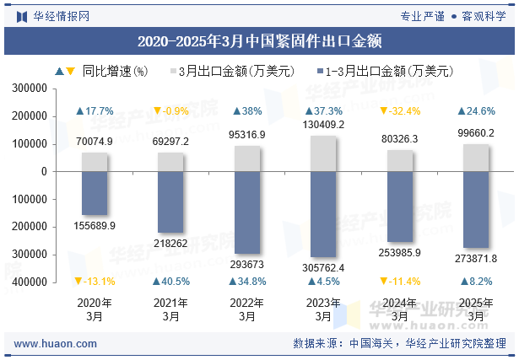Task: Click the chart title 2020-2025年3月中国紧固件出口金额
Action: point(259,40)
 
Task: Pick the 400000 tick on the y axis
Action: point(30,282)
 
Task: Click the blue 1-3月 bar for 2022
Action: point(247,212)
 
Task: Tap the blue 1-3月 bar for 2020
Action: point(95,193)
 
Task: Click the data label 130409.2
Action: point(323,126)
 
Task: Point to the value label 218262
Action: point(170,242)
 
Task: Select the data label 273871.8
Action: point(476,258)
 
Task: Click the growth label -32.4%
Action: point(400,111)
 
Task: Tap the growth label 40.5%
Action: point(170,282)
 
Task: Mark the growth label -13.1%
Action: point(95,282)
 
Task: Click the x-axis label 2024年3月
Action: point(400,309)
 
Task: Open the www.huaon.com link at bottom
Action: point(56,344)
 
